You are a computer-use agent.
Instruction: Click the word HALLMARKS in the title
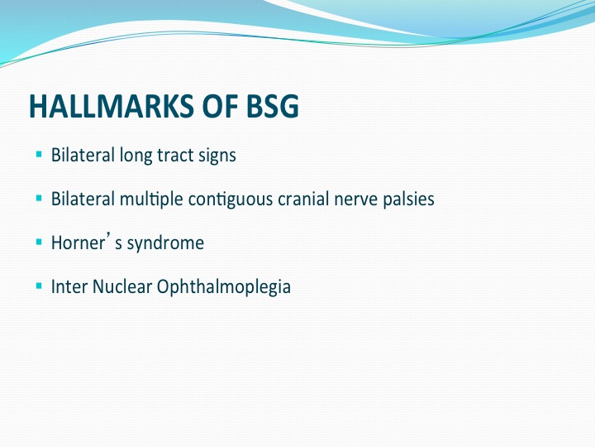(112, 106)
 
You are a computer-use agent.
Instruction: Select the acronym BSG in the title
(273, 106)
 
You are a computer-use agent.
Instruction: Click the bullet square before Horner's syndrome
(39, 242)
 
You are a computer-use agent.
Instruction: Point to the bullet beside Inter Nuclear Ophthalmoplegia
(39, 286)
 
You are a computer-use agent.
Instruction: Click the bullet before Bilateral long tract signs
(39, 154)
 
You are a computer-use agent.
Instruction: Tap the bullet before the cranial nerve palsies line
(39, 198)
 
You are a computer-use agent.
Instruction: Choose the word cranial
(303, 199)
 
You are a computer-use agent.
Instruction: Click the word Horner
(78, 243)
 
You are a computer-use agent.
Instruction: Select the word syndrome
(165, 244)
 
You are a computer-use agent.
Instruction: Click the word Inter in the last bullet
(69, 286)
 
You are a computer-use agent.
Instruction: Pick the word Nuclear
(122, 286)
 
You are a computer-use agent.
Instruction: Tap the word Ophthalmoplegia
(224, 288)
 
